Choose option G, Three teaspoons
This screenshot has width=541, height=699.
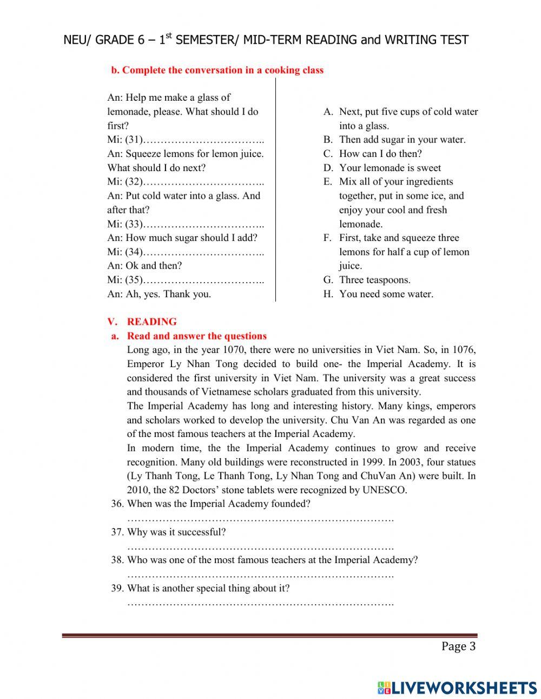(x=374, y=280)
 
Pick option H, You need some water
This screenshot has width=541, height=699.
(x=386, y=294)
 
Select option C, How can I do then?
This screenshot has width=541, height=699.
(x=380, y=154)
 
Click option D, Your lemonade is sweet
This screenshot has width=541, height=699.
(x=390, y=168)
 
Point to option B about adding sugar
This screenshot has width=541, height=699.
(x=401, y=140)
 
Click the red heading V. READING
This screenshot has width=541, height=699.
(x=142, y=322)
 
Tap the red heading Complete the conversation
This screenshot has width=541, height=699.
(x=217, y=70)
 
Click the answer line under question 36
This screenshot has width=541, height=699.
(x=260, y=519)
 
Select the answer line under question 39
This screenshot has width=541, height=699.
(x=260, y=603)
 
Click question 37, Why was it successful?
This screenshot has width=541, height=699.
(x=176, y=532)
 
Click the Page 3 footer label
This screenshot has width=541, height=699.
(x=458, y=646)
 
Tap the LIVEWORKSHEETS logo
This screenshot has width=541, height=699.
(x=457, y=687)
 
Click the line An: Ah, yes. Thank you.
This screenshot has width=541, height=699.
(x=159, y=294)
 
